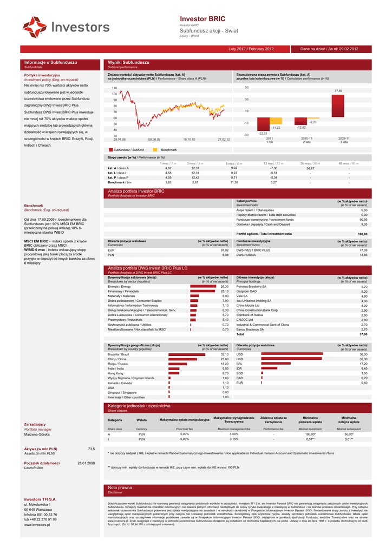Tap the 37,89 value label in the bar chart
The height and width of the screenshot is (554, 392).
click(338, 90)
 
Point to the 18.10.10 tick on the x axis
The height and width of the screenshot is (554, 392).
click(189, 139)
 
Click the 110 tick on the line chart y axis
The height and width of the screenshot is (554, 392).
click(114, 88)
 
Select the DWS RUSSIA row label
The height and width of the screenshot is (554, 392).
click(247, 255)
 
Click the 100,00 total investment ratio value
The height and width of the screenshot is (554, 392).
click(362, 234)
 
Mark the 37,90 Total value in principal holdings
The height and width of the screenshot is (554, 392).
click(363, 334)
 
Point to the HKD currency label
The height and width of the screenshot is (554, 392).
click(240, 359)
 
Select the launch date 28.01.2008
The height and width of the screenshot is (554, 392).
click(86, 463)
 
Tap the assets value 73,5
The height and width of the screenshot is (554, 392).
click(91, 449)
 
